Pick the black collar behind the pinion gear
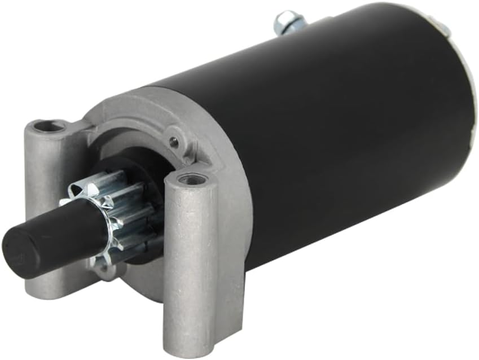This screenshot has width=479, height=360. pyautogui.click(x=141, y=169)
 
